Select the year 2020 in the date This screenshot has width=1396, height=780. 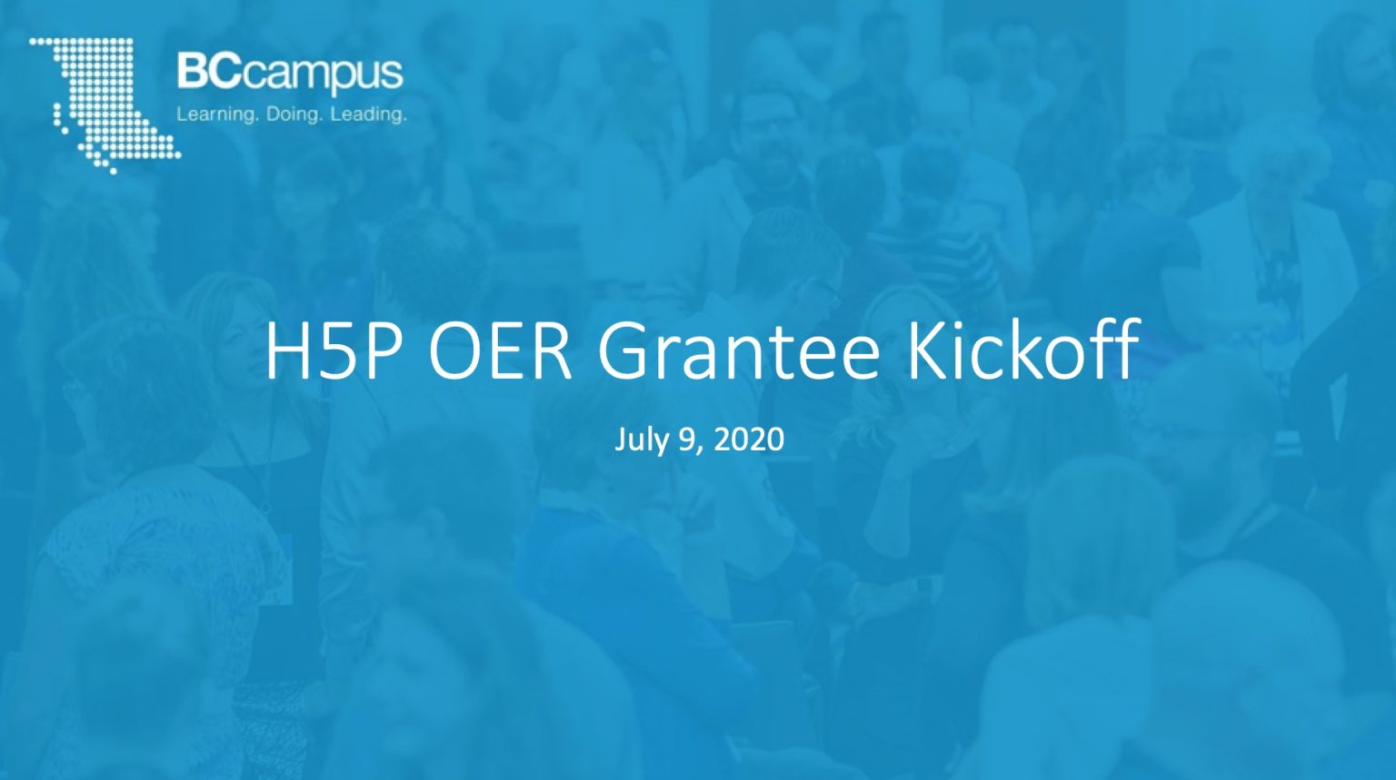tap(749, 439)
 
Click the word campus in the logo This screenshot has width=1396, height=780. tap(323, 75)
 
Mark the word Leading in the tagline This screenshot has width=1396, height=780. tap(368, 114)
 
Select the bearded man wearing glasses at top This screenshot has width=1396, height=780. tap(768, 136)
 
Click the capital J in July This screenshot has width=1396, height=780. tap(622, 439)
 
